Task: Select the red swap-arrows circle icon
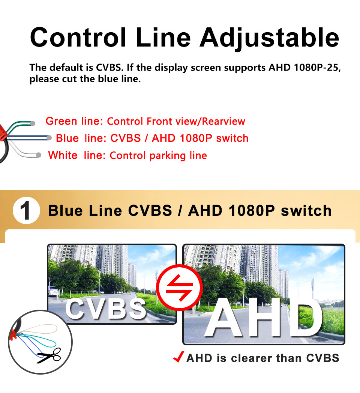[x=179, y=288]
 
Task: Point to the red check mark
[x=178, y=357]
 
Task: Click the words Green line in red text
[x=72, y=121]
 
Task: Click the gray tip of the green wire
[x=33, y=123]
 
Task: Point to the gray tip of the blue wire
[x=49, y=138]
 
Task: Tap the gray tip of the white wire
[x=39, y=155]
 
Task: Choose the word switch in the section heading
[x=306, y=211]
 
